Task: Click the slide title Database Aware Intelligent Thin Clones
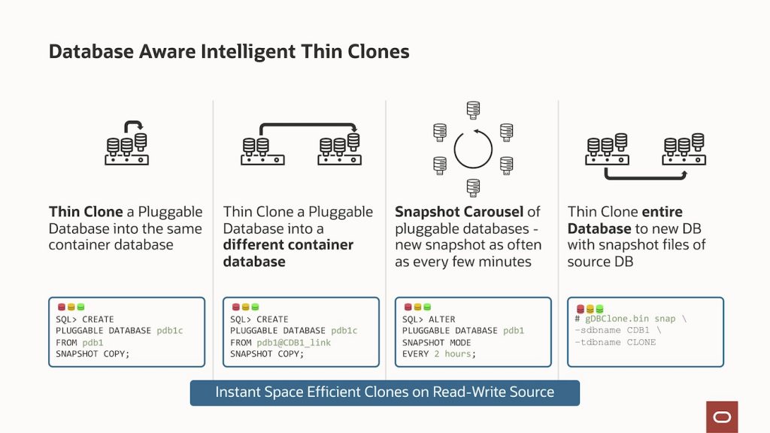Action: coord(229,51)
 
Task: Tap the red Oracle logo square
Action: coord(722,416)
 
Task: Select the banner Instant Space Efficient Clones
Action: coord(384,392)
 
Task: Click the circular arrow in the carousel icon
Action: coord(473,150)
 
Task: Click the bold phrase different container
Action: coord(288,245)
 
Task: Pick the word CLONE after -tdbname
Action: coord(641,342)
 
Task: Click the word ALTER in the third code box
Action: coord(441,319)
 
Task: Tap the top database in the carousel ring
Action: coord(473,111)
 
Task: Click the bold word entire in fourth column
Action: coord(662,212)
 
